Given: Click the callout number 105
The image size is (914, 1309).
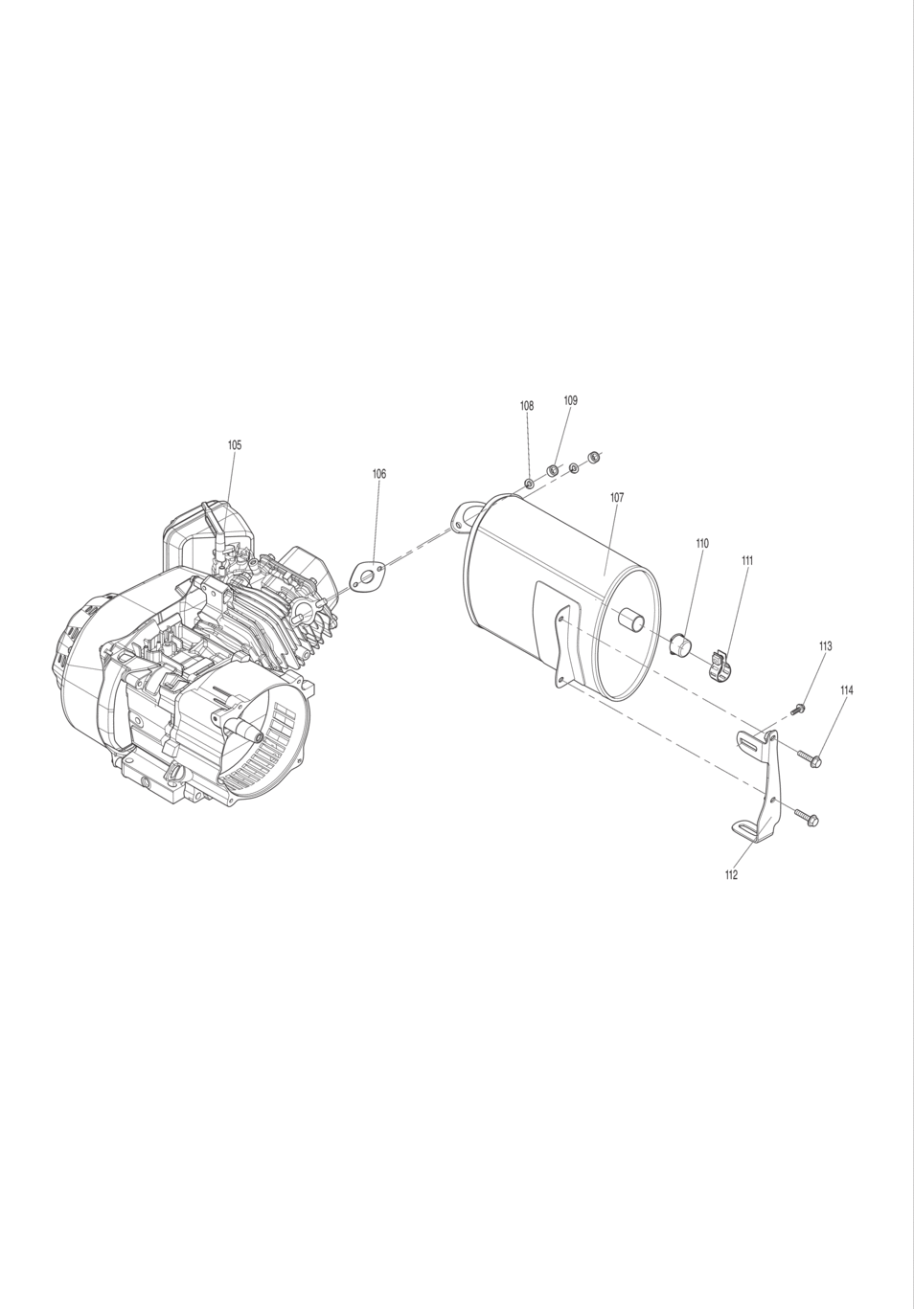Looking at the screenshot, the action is pyautogui.click(x=234, y=444).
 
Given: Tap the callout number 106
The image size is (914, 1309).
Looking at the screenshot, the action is pyautogui.click(x=379, y=473).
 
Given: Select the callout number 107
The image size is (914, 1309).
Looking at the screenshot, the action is pyautogui.click(x=617, y=497).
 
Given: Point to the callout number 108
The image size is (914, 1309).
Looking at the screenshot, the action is pyautogui.click(x=527, y=406).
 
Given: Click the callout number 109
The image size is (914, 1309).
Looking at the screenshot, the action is pyautogui.click(x=571, y=400).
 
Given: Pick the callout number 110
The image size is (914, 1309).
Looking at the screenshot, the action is pyautogui.click(x=702, y=543).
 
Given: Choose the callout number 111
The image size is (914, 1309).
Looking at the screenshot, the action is pyautogui.click(x=747, y=560).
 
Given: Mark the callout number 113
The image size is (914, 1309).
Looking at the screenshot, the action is pyautogui.click(x=825, y=646).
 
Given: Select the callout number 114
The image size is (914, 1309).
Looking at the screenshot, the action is pyautogui.click(x=847, y=690).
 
